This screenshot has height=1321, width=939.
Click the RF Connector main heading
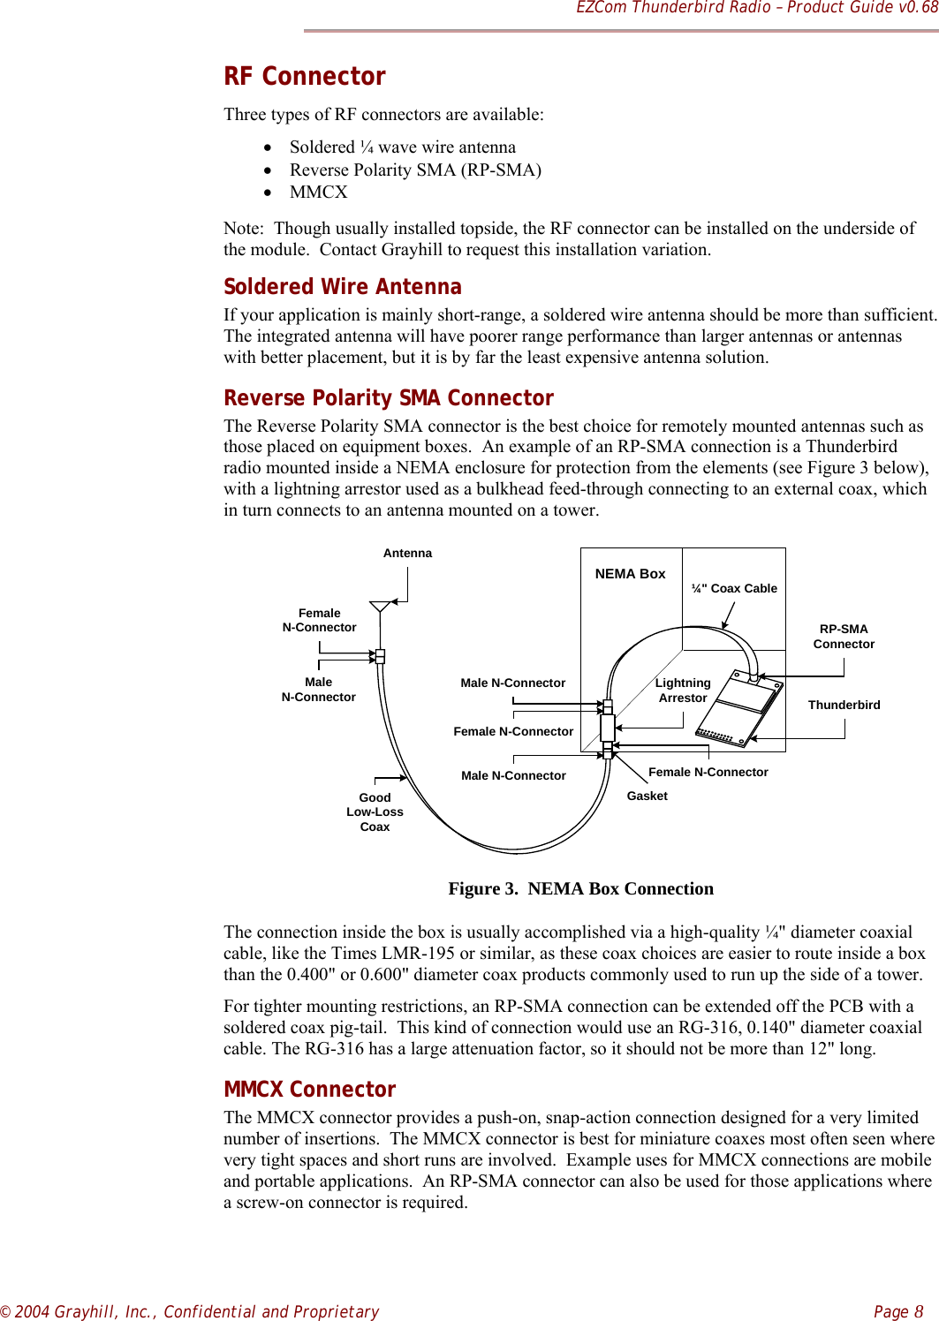coord(305,77)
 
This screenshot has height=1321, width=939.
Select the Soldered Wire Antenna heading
coord(343,287)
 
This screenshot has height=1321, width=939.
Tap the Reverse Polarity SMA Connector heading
coord(389,398)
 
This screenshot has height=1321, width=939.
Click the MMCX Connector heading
coord(310,1090)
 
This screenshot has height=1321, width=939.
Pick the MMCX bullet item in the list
coord(319,192)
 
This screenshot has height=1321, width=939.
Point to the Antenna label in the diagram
coord(407,554)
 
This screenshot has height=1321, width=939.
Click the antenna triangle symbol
coord(380,607)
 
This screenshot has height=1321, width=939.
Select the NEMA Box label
coord(630,574)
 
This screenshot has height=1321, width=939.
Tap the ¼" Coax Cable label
coord(734,589)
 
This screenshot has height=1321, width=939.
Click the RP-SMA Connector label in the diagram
coord(844,637)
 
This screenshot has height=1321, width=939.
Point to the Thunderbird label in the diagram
coord(844,705)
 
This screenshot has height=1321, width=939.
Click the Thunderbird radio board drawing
coord(739,708)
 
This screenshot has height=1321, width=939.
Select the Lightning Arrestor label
coord(683,691)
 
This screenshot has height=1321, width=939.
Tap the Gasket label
coord(647,796)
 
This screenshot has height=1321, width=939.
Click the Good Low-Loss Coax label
coord(375,812)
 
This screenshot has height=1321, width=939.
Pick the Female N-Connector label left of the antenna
coord(319,621)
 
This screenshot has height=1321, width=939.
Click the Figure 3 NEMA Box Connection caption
coord(580,889)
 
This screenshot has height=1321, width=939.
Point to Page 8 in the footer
coord(898,1311)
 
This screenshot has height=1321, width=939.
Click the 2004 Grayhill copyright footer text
coord(190,1311)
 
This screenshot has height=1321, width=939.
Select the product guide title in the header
coord(756,8)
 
